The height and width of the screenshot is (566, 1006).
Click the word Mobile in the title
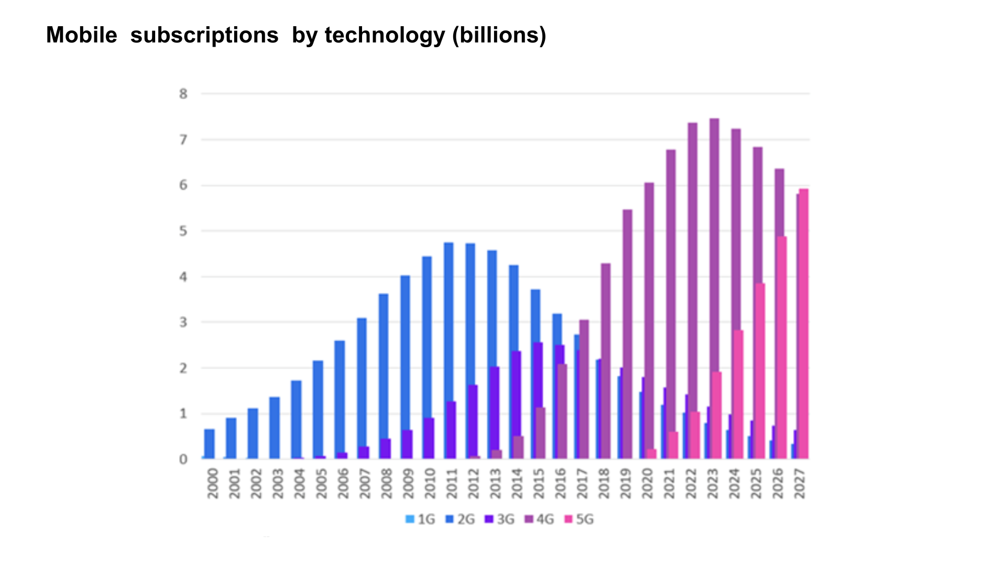coord(82,36)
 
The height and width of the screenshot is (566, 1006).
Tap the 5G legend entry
coord(579,519)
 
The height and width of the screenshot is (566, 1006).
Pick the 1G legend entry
coord(420,519)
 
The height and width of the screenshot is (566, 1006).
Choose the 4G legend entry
coord(539,519)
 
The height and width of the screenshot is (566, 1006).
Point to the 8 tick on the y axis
coord(183,94)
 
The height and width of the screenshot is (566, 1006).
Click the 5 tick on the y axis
coord(183,231)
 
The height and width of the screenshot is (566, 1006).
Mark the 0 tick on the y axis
coord(183,460)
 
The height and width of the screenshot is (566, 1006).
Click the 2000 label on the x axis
coord(212,483)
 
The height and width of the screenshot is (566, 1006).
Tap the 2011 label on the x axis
coord(452,483)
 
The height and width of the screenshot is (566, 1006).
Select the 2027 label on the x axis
coord(799,483)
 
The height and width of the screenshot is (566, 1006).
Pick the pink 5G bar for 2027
coord(804,325)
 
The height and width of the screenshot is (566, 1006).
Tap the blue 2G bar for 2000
coord(210,444)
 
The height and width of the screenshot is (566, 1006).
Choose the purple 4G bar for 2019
coord(627,335)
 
